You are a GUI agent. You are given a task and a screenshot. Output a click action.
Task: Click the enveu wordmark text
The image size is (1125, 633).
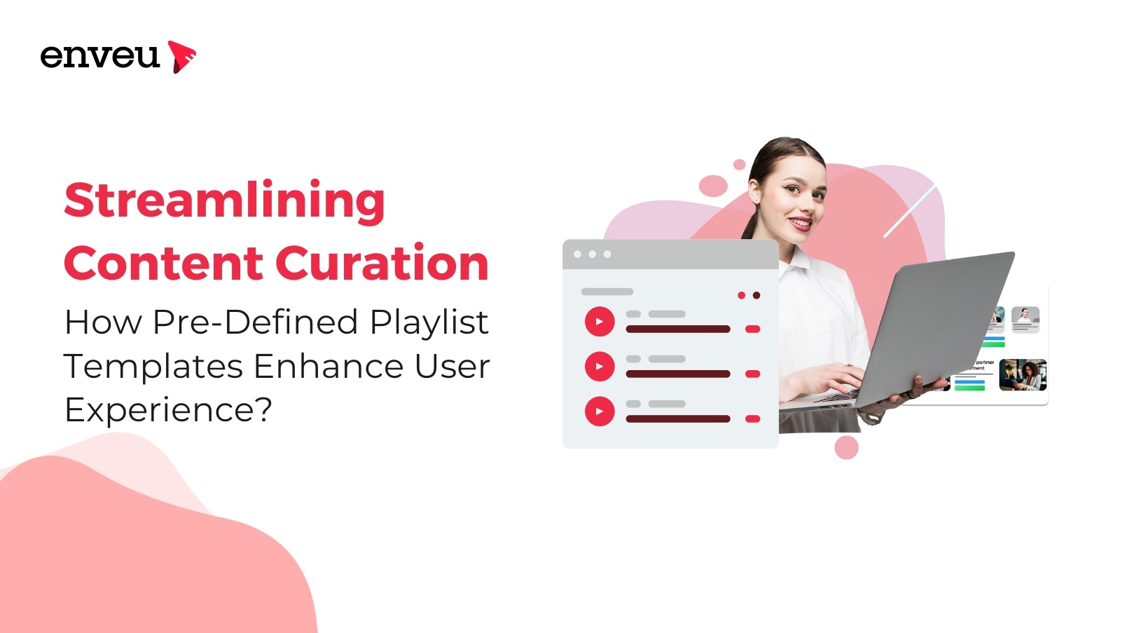tap(99, 56)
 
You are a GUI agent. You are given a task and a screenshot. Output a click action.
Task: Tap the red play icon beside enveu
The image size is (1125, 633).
tap(181, 56)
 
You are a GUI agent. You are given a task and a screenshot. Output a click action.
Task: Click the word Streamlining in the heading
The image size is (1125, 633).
tap(224, 200)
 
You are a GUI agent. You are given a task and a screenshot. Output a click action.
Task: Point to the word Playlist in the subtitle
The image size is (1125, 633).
tap(429, 323)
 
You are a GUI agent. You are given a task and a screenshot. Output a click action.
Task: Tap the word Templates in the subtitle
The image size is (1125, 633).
tap(153, 367)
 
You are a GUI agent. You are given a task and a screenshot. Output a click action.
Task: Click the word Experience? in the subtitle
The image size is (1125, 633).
tap(168, 410)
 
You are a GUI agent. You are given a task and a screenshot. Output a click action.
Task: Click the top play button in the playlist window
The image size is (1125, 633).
tap(600, 322)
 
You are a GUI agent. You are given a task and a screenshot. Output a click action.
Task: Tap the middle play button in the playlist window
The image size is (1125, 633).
tap(600, 367)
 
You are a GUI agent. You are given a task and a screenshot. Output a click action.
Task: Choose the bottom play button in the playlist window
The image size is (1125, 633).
tap(600, 411)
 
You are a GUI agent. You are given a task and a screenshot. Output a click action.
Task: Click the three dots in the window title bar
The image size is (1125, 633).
tap(592, 254)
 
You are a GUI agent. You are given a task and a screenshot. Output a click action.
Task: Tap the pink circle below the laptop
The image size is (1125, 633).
tap(846, 447)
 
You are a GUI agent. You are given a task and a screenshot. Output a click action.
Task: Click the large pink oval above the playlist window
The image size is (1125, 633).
tap(713, 186)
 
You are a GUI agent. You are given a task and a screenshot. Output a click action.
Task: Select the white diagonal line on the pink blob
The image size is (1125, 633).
tap(909, 210)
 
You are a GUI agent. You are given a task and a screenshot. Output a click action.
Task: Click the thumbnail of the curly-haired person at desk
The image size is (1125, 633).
tap(1023, 374)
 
